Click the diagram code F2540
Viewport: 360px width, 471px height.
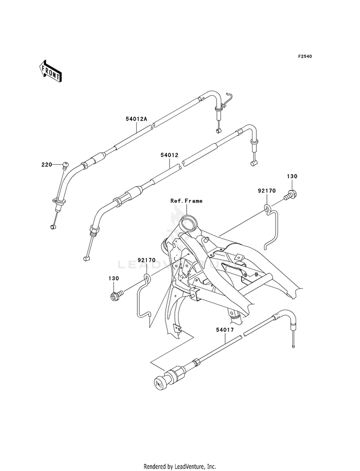[x=305, y=56]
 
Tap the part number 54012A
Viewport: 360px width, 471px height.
[x=136, y=119]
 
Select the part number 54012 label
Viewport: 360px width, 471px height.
[x=169, y=155]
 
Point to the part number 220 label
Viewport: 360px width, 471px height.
[x=47, y=164]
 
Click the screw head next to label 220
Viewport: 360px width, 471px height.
[x=65, y=165]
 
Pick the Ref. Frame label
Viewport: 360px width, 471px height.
[x=186, y=201]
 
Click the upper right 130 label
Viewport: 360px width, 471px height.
[x=292, y=176]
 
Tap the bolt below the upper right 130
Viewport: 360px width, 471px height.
[x=290, y=195]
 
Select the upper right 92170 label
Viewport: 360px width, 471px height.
[x=266, y=191]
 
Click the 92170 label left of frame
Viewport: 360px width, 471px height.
[x=147, y=260]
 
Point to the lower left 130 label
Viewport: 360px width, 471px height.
[x=114, y=278]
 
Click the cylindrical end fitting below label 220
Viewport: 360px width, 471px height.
[x=53, y=227]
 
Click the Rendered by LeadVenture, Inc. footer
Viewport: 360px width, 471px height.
[x=180, y=466]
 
